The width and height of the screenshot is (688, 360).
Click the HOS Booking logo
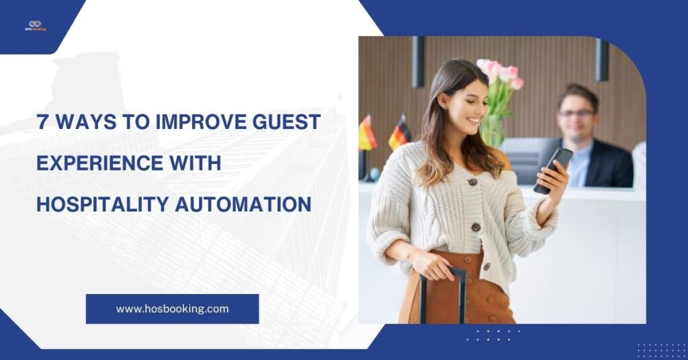(x=35, y=26)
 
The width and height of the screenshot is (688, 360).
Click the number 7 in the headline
(x=42, y=123)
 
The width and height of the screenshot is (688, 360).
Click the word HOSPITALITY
(x=101, y=204)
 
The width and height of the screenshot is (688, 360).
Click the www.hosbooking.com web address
(x=172, y=309)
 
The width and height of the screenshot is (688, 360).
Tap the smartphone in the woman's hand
(x=552, y=169)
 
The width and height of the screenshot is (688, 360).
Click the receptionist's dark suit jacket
(x=608, y=165)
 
